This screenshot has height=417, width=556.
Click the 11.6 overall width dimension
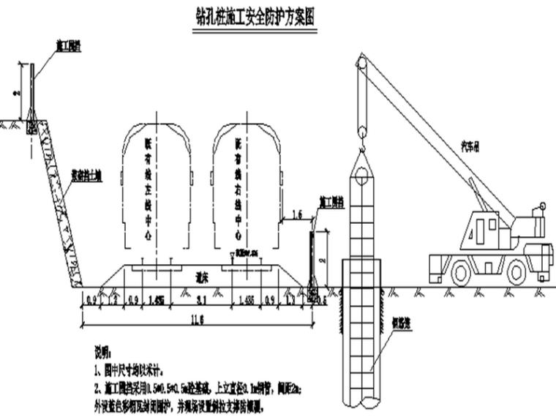pyautogui.click(x=197, y=317)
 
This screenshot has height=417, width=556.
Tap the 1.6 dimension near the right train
pyautogui.click(x=297, y=214)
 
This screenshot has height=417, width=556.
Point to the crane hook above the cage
pyautogui.click(x=361, y=132)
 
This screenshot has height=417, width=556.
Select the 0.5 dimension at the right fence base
pyautogui.click(x=323, y=298)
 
